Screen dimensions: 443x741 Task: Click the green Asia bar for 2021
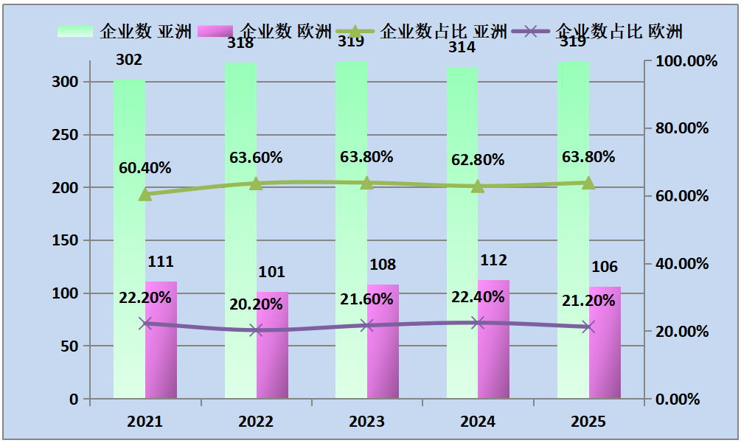pyautogui.click(x=129, y=243)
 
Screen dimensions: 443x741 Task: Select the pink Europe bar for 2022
pyautogui.click(x=272, y=346)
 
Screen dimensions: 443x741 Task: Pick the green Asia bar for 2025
pyautogui.click(x=573, y=236)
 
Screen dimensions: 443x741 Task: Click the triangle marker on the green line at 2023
pyautogui.click(x=367, y=182)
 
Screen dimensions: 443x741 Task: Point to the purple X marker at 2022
pyautogui.click(x=256, y=330)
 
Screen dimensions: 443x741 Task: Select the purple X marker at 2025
pyautogui.click(x=588, y=327)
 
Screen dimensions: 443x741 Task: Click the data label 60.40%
pyautogui.click(x=145, y=168)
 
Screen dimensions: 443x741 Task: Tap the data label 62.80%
pyautogui.click(x=478, y=160)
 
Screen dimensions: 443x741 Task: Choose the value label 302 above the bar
pyautogui.click(x=129, y=60)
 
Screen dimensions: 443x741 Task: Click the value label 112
pyautogui.click(x=493, y=260)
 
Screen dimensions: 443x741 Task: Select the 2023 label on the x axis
pyautogui.click(x=366, y=422)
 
